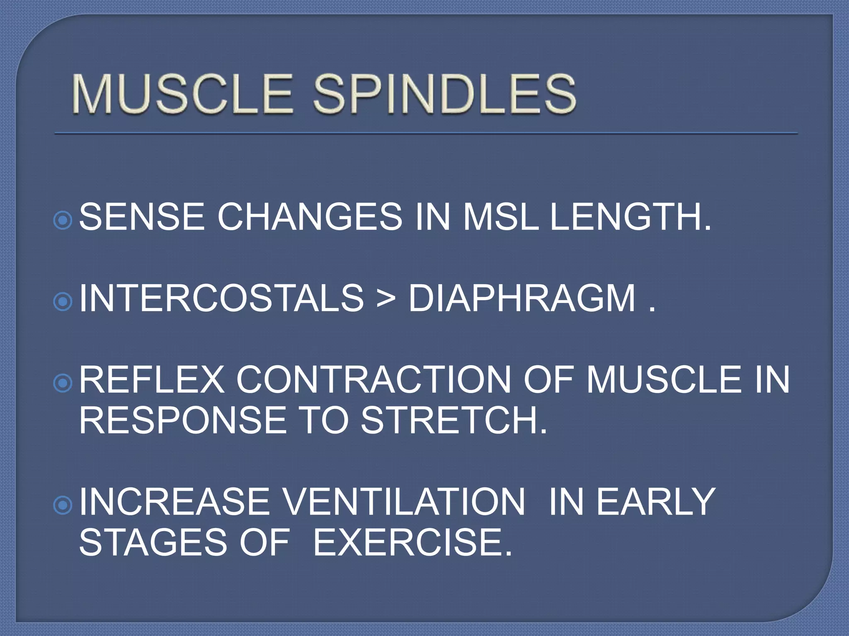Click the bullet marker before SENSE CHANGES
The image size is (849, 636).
click(x=63, y=220)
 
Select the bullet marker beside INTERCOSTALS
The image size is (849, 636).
click(x=63, y=302)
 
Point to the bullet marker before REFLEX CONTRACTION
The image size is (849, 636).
click(x=63, y=383)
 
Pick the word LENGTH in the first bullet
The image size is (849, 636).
click(x=630, y=217)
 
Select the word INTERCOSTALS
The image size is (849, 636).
click(x=221, y=298)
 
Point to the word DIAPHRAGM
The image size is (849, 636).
click(x=522, y=298)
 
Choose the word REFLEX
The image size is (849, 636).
click(x=151, y=380)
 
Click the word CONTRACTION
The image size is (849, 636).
click(x=374, y=380)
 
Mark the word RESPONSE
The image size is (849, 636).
click(x=182, y=420)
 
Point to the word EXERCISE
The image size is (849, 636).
click(x=412, y=542)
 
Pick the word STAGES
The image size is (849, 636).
click(x=153, y=542)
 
